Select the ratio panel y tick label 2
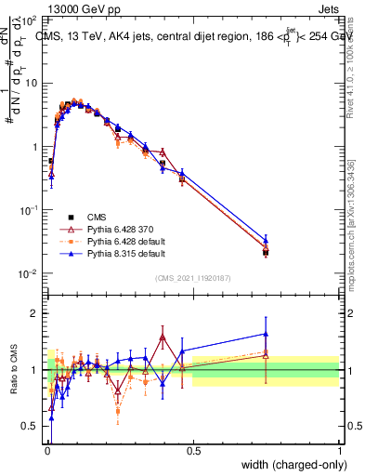(35, 313)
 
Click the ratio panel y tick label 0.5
(31, 427)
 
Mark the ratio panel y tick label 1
(35, 370)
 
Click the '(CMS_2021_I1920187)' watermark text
(192, 277)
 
